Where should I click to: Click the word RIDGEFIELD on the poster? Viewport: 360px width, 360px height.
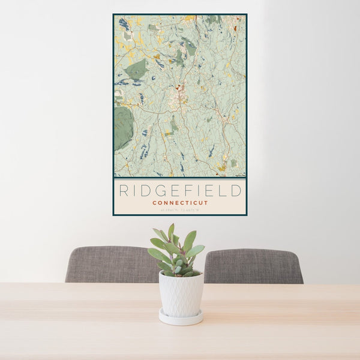click(180, 191)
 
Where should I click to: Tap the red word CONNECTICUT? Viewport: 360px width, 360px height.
click(180, 203)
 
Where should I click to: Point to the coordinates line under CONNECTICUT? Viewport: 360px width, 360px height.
click(180, 210)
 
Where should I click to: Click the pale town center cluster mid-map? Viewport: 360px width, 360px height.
click(178, 96)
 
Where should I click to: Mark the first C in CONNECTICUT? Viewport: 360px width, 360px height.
click(154, 203)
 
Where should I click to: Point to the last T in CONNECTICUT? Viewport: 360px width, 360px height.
click(206, 203)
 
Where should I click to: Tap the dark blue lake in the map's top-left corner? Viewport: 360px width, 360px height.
click(124, 24)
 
